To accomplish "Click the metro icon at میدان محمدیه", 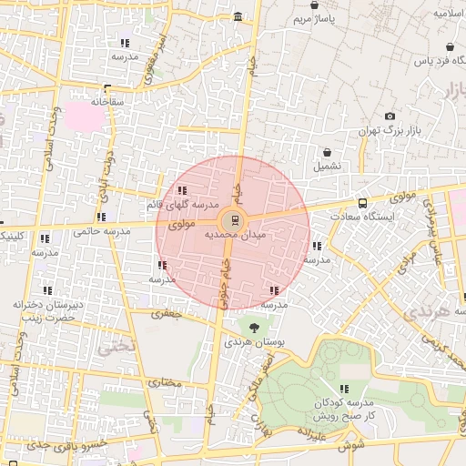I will [233, 219].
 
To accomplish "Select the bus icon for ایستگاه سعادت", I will [362, 203].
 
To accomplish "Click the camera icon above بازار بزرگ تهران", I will [390, 116].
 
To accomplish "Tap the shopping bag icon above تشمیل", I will [327, 151].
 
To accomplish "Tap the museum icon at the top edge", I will [238, 17].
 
